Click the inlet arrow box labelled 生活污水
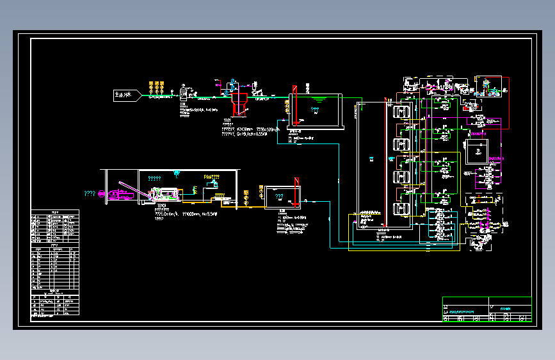coord(127,95)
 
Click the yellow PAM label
coord(211,177)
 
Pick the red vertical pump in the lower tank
coord(295,192)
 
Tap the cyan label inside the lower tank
coord(280,197)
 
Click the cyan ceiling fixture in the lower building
coord(177,172)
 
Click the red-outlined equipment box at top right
coord(491,86)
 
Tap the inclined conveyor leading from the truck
coord(134,190)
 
